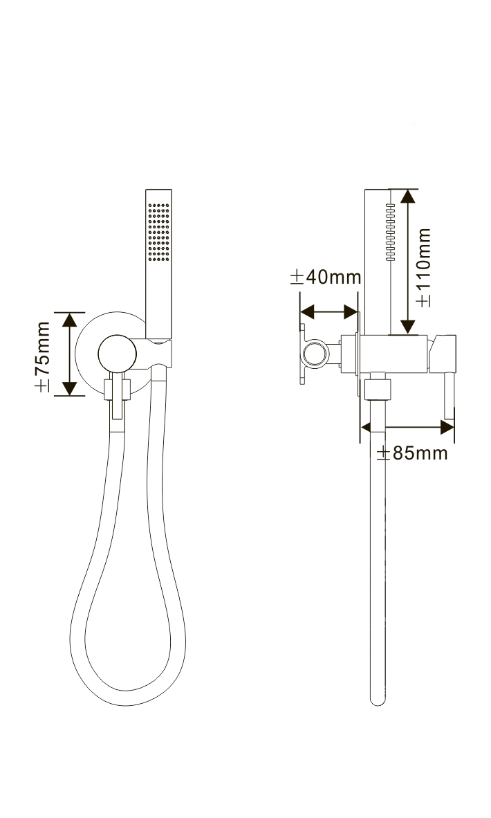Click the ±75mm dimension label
pyautogui.click(x=42, y=356)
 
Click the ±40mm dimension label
pyautogui.click(x=326, y=277)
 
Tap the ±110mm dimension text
pyautogui.click(x=424, y=267)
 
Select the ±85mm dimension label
pyautogui.click(x=412, y=453)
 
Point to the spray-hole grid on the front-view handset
pyautogui.click(x=159, y=232)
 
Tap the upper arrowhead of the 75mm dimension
pyautogui.click(x=69, y=319)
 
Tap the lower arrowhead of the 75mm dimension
pyautogui.click(x=69, y=389)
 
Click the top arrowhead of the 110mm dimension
pyautogui.click(x=407, y=196)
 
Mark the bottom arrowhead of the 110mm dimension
pyautogui.click(x=407, y=327)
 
